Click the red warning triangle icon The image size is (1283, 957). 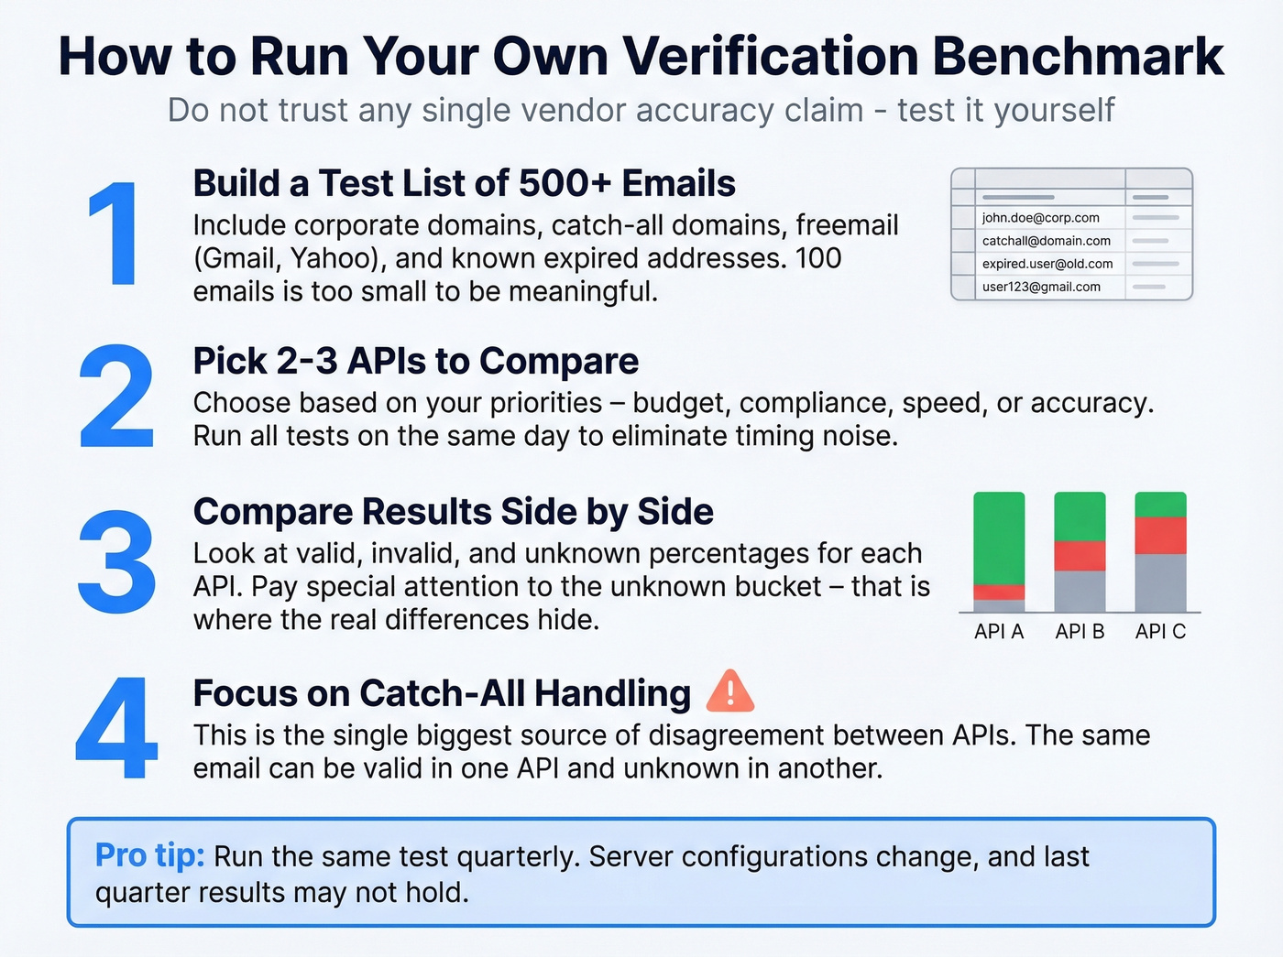tap(730, 692)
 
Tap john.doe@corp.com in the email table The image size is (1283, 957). tap(1040, 218)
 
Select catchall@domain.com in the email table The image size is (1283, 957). tap(1046, 241)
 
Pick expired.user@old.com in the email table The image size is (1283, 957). tap(1047, 264)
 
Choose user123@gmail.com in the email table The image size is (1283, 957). tap(1041, 287)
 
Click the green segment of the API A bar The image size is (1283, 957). tap(999, 538)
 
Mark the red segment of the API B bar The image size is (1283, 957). tap(1080, 555)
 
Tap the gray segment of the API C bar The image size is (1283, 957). tap(1160, 582)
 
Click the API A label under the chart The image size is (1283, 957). tap(999, 632)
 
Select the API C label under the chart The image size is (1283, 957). tap(1160, 632)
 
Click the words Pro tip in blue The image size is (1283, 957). tap(149, 855)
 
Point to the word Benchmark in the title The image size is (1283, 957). tap(1078, 57)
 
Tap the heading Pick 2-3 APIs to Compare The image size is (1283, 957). tap(415, 362)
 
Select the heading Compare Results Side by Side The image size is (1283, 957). tap(453, 512)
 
